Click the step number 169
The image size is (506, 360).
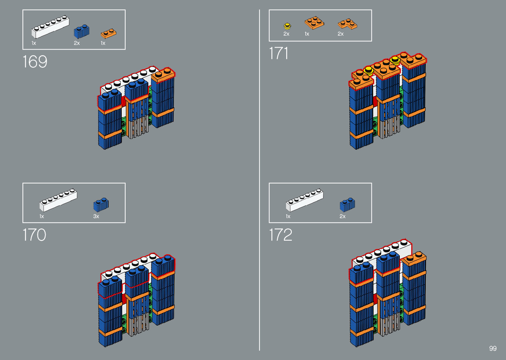(x=35, y=62)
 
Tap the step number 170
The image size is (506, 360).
(x=34, y=235)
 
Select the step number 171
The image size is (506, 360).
(x=279, y=53)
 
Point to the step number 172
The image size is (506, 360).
(x=281, y=235)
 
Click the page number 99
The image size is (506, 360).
(x=493, y=348)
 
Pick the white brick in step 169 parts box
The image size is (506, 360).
(x=50, y=26)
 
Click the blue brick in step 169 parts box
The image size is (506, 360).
(x=81, y=31)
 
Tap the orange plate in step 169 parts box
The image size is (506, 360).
(x=109, y=34)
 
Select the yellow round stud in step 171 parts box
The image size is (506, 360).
(x=288, y=26)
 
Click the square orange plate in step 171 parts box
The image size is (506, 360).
(x=314, y=22)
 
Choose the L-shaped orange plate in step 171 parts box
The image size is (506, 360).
(x=347, y=24)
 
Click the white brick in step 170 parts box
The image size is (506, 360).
(x=58, y=200)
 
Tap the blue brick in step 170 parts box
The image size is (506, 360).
(x=101, y=205)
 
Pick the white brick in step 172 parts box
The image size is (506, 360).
(x=304, y=200)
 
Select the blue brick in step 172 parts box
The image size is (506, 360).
(x=347, y=205)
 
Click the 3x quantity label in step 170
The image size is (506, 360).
(x=96, y=217)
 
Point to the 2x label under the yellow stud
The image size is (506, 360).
(x=287, y=34)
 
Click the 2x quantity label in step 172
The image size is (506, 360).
(x=342, y=217)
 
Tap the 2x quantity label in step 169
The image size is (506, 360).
(x=77, y=43)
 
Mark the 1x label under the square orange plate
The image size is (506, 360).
(x=307, y=34)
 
